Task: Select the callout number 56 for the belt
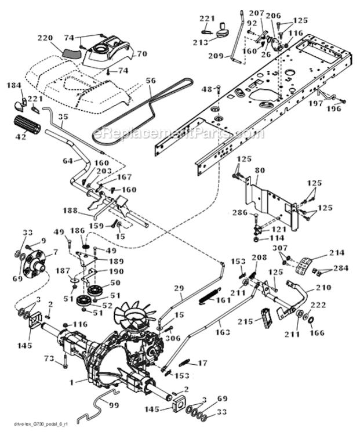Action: [x=151, y=82]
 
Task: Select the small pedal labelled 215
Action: [x=267, y=318]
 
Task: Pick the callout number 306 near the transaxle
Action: [x=169, y=338]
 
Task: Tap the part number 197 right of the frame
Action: [x=316, y=103]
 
